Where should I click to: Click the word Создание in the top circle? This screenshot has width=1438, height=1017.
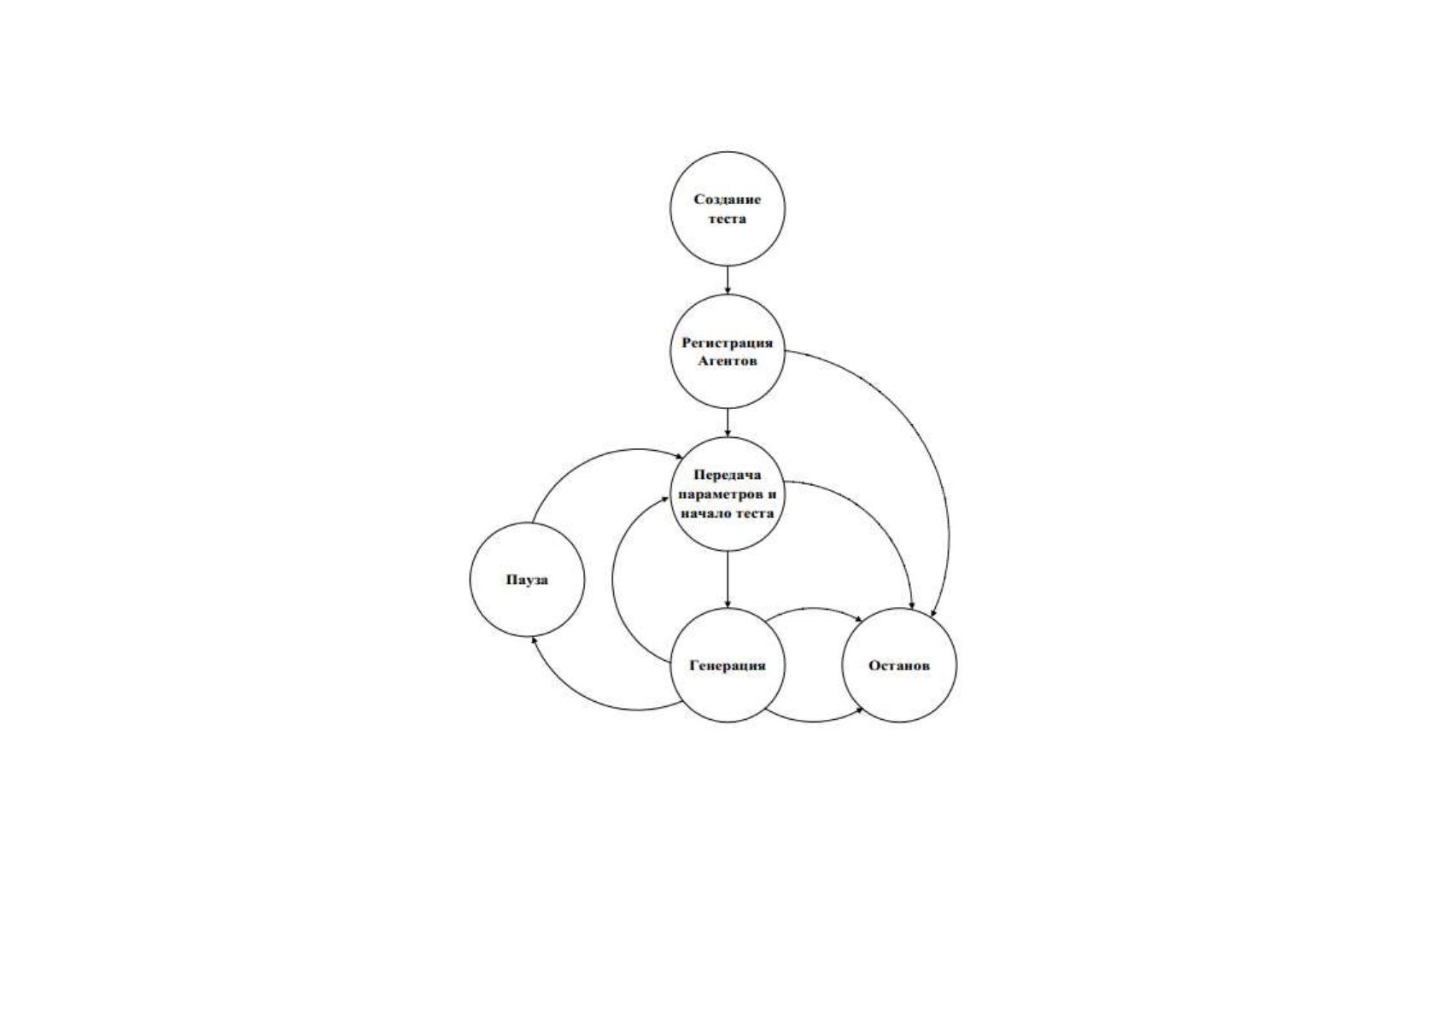click(x=727, y=200)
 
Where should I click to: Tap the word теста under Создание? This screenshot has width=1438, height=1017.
click(x=727, y=219)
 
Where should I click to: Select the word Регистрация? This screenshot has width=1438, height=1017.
click(x=727, y=343)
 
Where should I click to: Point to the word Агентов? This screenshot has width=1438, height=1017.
click(x=728, y=361)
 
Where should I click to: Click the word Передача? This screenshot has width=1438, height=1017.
click(x=727, y=475)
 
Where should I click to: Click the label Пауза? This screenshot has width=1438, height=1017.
click(x=527, y=580)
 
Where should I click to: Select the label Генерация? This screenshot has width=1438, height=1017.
click(x=728, y=666)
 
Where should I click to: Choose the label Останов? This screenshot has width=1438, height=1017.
click(x=898, y=666)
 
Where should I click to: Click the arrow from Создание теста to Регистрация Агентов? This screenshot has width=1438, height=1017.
click(x=728, y=280)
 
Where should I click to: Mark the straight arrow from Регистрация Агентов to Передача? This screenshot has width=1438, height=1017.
click(x=728, y=423)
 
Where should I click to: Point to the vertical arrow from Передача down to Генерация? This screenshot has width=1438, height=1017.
click(x=728, y=579)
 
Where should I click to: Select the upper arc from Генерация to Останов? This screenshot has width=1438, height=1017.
click(x=813, y=608)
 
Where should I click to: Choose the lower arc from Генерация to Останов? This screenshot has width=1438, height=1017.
click(x=813, y=722)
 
